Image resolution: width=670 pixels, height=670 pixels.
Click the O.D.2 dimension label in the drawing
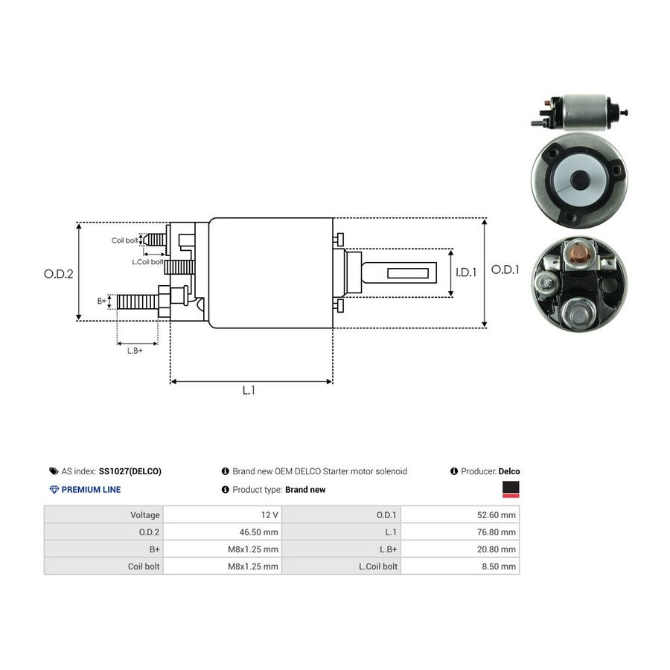pyautogui.click(x=59, y=274)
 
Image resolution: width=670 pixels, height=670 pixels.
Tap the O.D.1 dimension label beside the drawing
pyautogui.click(x=505, y=269)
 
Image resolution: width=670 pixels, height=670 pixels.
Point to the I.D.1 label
pyautogui.click(x=466, y=272)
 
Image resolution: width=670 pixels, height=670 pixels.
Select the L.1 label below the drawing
pyautogui.click(x=249, y=390)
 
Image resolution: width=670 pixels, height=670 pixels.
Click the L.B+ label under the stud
pyautogui.click(x=135, y=351)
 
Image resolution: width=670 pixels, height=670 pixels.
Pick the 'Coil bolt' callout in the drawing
pyautogui.click(x=124, y=240)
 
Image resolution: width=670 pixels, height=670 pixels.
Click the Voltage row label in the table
pyautogui.click(x=145, y=515)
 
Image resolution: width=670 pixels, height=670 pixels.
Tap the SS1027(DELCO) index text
pyautogui.click(x=130, y=471)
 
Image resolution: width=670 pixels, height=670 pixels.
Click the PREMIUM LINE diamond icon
pyautogui.click(x=54, y=490)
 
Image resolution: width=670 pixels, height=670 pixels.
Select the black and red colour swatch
pyautogui.click(x=511, y=490)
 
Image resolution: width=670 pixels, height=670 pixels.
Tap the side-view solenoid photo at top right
pyautogui.click(x=579, y=112)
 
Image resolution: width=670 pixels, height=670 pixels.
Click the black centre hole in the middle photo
pyautogui.click(x=580, y=178)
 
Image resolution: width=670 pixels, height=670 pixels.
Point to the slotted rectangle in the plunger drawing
pyautogui.click(x=408, y=273)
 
